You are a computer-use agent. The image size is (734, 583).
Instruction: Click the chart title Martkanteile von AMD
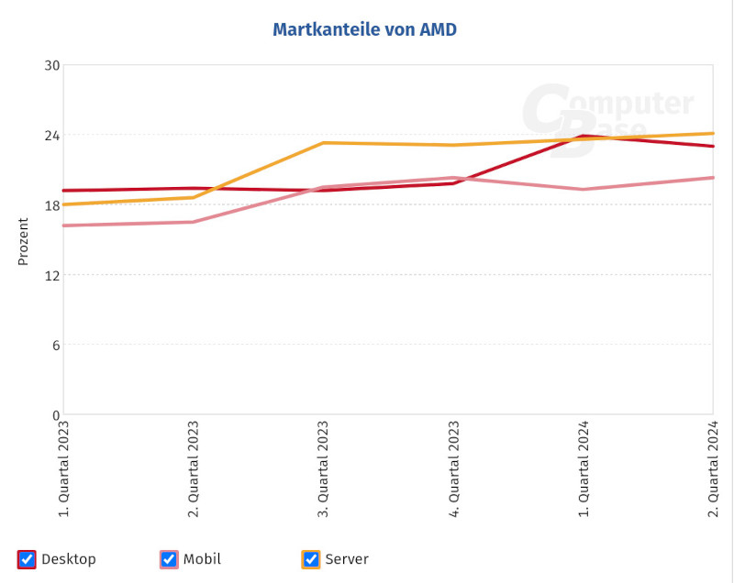364,30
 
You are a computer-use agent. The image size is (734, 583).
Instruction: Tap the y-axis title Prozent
24,240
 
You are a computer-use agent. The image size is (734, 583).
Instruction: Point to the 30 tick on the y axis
52,65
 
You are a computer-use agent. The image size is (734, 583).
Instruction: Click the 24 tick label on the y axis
52,135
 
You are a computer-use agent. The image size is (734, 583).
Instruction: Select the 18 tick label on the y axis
52,205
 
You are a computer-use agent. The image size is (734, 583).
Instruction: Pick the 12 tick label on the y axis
52,275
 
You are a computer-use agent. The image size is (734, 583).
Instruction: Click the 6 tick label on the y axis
56,345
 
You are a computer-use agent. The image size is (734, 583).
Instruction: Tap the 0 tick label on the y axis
56,414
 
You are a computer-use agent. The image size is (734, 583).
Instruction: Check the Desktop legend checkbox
28,559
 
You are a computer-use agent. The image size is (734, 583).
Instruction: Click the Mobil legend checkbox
169,559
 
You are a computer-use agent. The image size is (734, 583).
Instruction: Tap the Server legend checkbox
312,559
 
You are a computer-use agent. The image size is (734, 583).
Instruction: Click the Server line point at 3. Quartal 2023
324,143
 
